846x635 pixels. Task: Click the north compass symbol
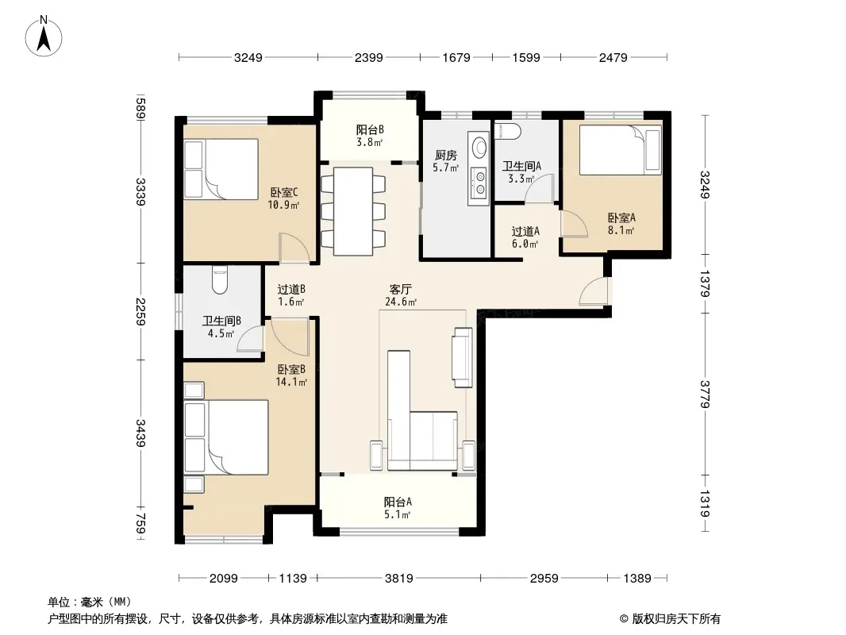tap(44, 37)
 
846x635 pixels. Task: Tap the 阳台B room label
tap(370, 129)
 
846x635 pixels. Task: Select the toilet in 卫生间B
tap(220, 279)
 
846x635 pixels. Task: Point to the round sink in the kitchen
tap(479, 147)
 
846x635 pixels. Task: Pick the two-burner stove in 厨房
tap(479, 183)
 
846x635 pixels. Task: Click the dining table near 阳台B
tap(353, 211)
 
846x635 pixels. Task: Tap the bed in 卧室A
tap(621, 150)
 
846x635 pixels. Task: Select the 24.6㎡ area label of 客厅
tap(400, 302)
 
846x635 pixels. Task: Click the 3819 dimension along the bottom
tap(398, 579)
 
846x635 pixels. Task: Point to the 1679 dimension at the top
tap(456, 57)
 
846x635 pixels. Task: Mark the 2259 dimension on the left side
tap(140, 311)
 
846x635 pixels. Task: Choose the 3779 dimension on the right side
tap(705, 394)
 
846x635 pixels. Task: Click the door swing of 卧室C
tap(294, 247)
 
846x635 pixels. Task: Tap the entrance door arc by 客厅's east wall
tap(593, 291)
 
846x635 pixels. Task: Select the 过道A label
tap(525, 232)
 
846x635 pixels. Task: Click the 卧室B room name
tap(291, 370)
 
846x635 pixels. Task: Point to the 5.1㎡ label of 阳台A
tap(397, 514)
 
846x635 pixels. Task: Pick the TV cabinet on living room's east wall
tap(462, 357)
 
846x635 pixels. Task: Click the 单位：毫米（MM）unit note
tap(90, 602)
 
